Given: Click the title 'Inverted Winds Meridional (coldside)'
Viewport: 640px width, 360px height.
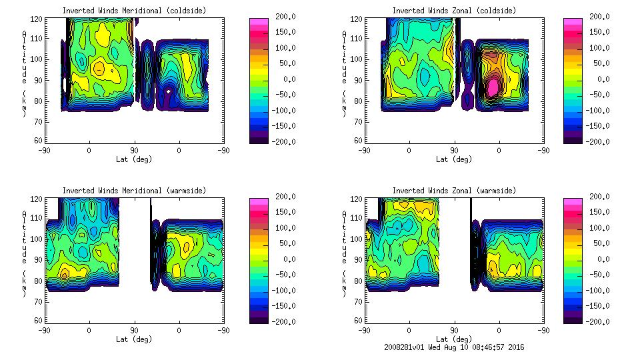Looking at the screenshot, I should pos(134,11).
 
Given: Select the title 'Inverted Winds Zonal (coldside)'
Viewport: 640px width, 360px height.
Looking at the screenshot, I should pos(454,11).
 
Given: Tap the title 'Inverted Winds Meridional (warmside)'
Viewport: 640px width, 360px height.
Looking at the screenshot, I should pos(134,191).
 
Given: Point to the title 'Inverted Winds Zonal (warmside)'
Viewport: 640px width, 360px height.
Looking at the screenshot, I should pos(454,191).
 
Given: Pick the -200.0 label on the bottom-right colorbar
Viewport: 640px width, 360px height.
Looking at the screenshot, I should pos(595,321).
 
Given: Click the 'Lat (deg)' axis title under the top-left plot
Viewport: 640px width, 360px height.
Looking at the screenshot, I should pos(134,159).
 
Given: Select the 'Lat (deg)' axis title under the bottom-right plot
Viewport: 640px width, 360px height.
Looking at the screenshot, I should pos(454,339).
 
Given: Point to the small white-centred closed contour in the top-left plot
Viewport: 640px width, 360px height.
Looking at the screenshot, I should pos(169,91).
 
